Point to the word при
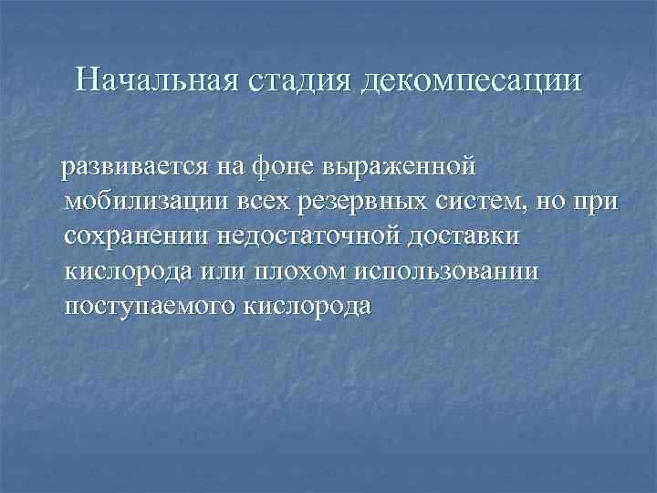[595, 202]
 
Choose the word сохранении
[137, 236]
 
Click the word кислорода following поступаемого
[308, 306]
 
